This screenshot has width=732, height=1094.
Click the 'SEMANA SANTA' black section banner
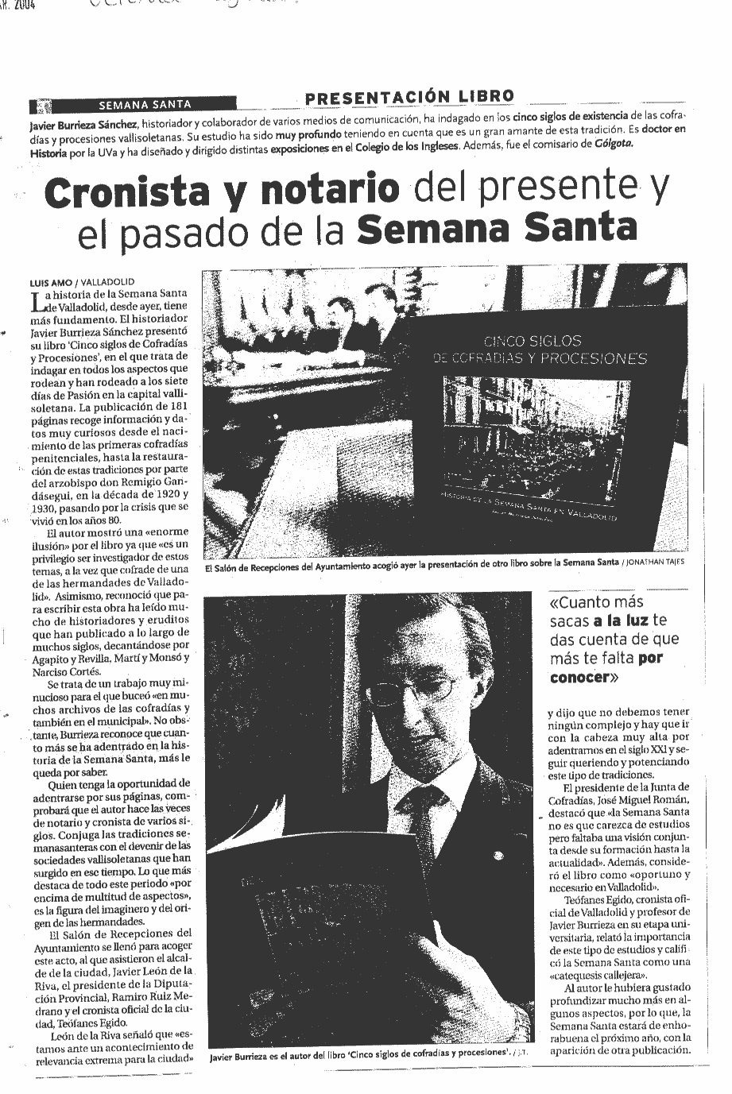pyautogui.click(x=144, y=103)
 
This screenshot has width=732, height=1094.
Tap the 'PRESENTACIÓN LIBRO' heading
pyautogui.click(x=409, y=97)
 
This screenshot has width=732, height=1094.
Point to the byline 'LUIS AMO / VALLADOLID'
pyautogui.click(x=82, y=281)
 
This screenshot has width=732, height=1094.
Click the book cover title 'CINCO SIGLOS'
pyautogui.click(x=533, y=341)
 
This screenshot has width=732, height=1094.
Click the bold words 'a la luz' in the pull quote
pyautogui.click(x=621, y=621)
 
